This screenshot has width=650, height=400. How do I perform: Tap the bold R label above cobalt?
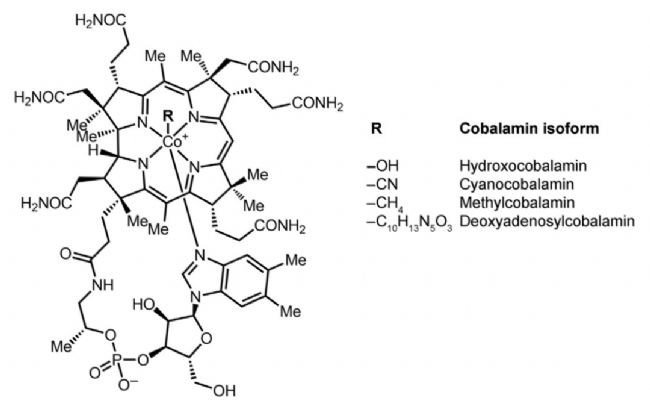click(x=168, y=116)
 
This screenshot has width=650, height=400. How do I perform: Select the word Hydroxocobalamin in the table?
click(x=523, y=166)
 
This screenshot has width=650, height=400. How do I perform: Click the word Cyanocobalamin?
click(x=517, y=184)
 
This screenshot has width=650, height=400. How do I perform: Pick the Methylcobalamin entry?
click(x=517, y=203)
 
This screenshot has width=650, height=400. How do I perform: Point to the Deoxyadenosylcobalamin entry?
click(x=547, y=221)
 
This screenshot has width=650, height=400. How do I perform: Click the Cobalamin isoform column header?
click(x=529, y=128)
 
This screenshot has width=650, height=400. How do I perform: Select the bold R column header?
click(x=376, y=128)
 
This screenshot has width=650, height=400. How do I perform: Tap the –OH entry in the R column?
click(x=382, y=166)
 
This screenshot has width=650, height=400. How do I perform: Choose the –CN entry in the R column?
click(x=382, y=184)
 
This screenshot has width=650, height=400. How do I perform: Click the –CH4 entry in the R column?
click(x=385, y=204)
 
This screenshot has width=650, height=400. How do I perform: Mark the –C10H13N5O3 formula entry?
click(x=409, y=223)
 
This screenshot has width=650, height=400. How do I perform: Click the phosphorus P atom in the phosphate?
click(x=116, y=360)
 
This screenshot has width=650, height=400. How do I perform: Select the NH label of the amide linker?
click(x=102, y=285)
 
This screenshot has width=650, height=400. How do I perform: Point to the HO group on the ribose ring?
click(x=143, y=305)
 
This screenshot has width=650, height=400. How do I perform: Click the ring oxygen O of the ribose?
click(x=206, y=338)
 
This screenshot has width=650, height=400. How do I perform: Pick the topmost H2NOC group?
click(x=101, y=19)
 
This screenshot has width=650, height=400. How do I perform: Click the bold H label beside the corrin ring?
click(x=94, y=150)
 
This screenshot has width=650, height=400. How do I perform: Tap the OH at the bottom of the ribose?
click(x=225, y=390)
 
